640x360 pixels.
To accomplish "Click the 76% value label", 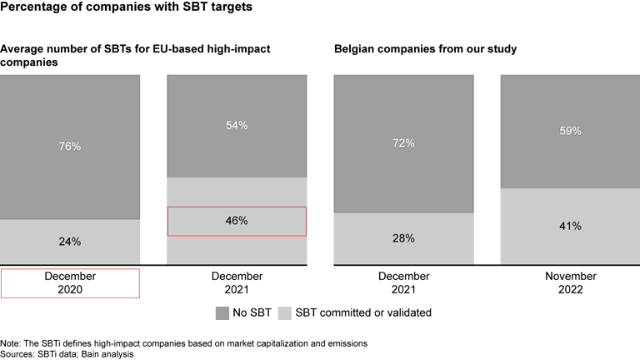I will [x=70, y=146].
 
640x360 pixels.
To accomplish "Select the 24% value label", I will [x=70, y=242].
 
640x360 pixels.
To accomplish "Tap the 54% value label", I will [x=237, y=125].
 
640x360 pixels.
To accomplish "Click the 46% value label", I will [x=237, y=221].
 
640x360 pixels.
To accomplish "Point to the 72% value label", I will [x=403, y=142].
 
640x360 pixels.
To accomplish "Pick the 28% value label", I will [x=403, y=238].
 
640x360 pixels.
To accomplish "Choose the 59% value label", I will [x=570, y=131].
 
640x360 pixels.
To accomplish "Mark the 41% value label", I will [x=570, y=226].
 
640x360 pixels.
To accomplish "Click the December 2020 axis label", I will [x=70, y=282].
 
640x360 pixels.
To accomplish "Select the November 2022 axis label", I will [x=570, y=282].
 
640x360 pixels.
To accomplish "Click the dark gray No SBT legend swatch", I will [x=221, y=313].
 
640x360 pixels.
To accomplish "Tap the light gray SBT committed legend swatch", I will [x=284, y=313].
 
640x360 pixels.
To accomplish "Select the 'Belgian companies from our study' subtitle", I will [x=425, y=49].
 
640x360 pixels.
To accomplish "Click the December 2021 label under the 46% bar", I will [x=237, y=282].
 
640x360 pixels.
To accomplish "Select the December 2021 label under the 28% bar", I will [x=403, y=282].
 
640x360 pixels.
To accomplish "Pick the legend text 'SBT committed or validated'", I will [x=363, y=313].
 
